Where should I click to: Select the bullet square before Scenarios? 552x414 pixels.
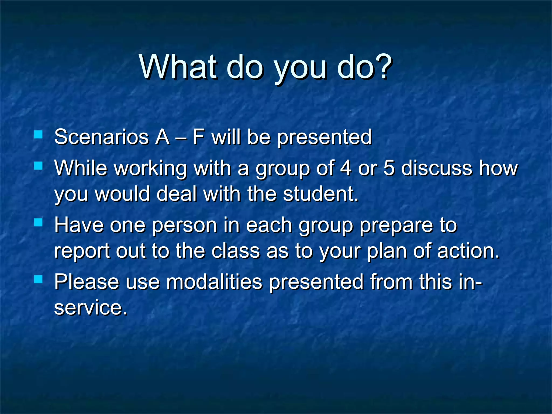click(39, 134)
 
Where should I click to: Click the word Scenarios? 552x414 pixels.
click(101, 137)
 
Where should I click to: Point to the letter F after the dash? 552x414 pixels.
click(198, 137)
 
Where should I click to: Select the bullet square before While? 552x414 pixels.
click(39, 165)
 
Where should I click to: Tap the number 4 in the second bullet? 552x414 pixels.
click(346, 168)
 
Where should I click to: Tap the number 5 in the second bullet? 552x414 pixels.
click(389, 168)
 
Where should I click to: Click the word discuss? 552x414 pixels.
click(437, 168)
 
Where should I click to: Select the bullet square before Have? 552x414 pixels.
click(39, 222)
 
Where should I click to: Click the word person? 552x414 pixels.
click(184, 226)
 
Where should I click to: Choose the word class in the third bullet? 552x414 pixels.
click(236, 251)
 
